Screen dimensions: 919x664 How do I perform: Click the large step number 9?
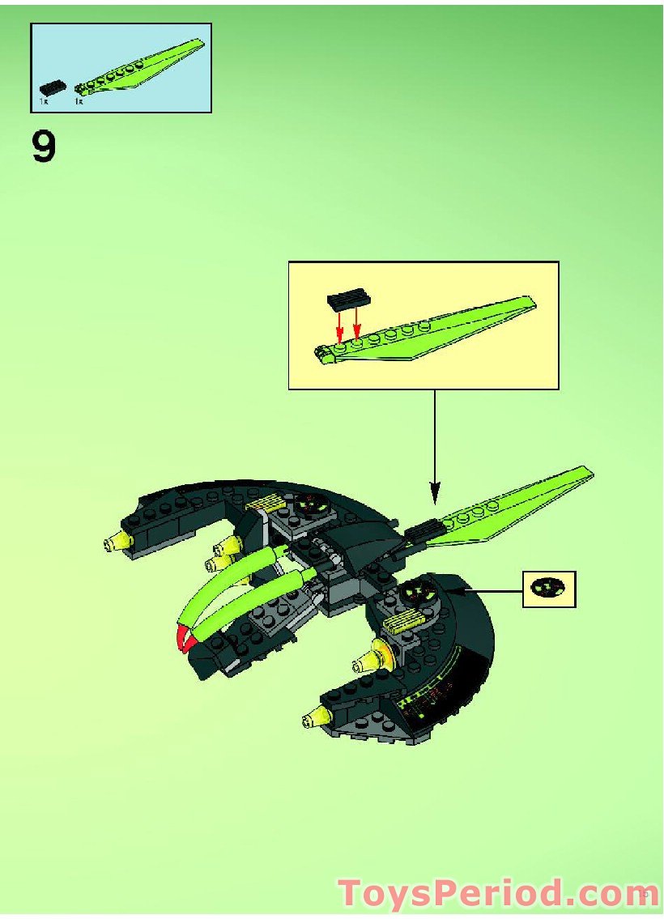tap(45, 148)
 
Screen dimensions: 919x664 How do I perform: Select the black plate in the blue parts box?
tap(53, 87)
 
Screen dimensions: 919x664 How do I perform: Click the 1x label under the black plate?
tap(44, 103)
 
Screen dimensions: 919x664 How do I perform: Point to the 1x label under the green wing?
tap(79, 103)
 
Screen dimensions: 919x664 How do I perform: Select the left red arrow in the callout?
tap(341, 328)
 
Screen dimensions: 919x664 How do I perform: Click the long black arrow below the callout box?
tap(435, 445)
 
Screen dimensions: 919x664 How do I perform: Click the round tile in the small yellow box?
tap(549, 589)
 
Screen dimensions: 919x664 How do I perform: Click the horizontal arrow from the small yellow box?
tap(486, 591)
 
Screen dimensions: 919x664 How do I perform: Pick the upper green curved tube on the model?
tap(235, 579)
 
